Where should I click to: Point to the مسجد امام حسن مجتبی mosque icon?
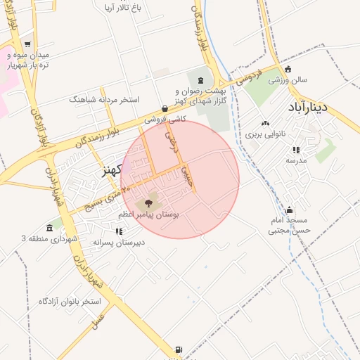[290, 210]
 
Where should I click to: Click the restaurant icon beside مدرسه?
[296, 150]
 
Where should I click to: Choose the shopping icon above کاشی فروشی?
[165, 109]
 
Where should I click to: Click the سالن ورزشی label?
[288, 80]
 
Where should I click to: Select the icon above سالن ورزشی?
[288, 69]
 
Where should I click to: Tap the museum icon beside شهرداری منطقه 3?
[49, 229]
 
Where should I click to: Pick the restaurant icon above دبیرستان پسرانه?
[119, 231]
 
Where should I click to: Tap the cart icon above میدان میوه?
[27, 44]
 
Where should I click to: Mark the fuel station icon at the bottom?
[179, 350]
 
